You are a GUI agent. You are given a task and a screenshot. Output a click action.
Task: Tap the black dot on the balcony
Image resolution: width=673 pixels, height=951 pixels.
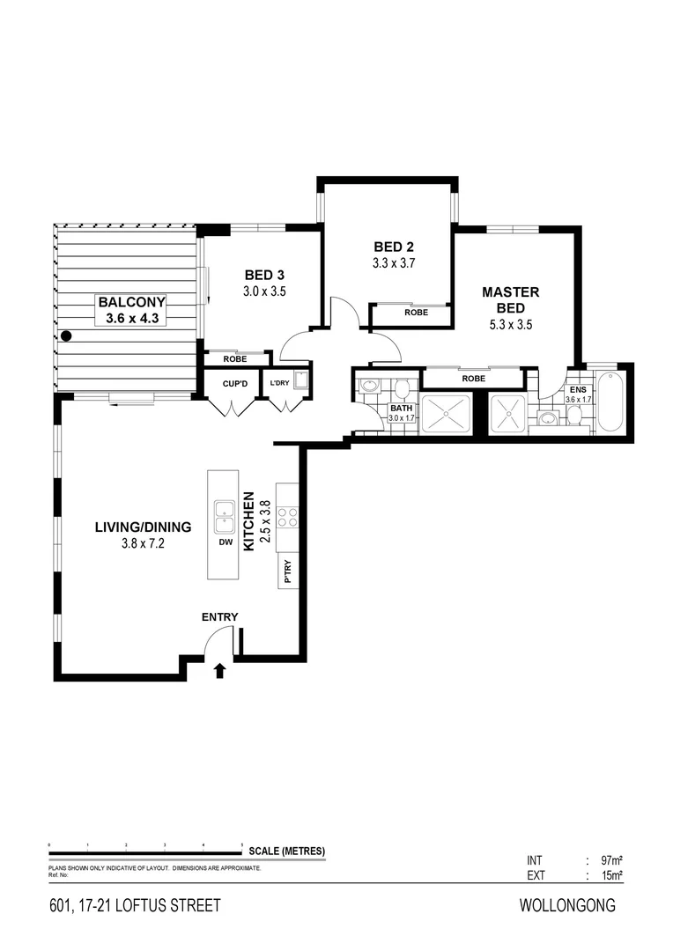pyautogui.click(x=65, y=335)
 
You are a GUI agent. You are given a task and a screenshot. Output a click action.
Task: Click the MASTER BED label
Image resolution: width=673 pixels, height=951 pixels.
pyautogui.click(x=510, y=299)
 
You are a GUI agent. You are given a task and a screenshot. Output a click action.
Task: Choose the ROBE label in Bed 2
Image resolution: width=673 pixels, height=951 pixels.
pyautogui.click(x=417, y=313)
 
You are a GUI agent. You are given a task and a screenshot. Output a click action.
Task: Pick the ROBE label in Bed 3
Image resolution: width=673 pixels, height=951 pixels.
pyautogui.click(x=235, y=359)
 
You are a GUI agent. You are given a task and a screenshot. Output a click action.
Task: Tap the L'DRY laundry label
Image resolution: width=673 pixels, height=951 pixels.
pyautogui.click(x=280, y=382)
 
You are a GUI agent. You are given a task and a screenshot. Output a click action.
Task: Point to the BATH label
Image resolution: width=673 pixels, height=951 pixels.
pyautogui.click(x=402, y=409)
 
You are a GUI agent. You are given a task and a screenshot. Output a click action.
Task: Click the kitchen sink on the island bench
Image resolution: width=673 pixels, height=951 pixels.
pyautogui.click(x=224, y=515)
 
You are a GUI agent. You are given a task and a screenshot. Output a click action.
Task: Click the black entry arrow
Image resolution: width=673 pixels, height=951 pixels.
pyautogui.click(x=219, y=672)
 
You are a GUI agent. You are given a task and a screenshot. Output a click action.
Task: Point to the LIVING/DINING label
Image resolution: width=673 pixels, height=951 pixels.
pyautogui.click(x=143, y=527)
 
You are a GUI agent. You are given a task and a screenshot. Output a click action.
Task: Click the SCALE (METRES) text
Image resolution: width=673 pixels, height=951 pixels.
pyautogui.click(x=287, y=851)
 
